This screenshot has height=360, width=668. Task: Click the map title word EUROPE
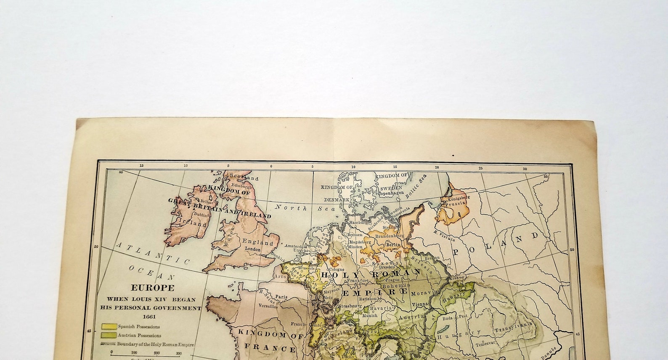[x=152, y=288]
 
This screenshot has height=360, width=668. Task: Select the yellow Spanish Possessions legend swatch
[x=108, y=326]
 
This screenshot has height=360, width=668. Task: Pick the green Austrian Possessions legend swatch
[x=108, y=335]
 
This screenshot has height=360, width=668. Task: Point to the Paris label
[x=281, y=296]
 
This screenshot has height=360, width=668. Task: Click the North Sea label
[x=294, y=207]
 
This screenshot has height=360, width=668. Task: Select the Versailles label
[x=268, y=306]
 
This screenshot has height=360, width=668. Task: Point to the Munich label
[x=370, y=315]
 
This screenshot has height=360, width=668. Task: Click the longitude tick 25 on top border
[x=480, y=168]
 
